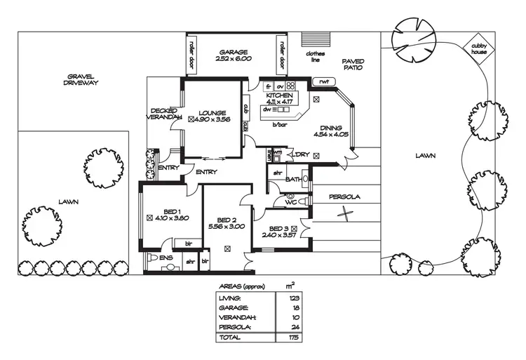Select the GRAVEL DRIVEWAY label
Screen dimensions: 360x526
coord(82,79)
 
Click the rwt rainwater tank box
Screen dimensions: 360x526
coord(323,82)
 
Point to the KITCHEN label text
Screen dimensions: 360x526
coord(278,94)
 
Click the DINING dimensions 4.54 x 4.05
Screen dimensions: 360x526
coord(331,134)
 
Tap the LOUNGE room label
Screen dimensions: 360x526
coord(211,112)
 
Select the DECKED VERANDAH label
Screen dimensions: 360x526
coord(166,114)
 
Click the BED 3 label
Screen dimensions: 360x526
coord(281,228)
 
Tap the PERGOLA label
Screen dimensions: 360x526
coord(345,197)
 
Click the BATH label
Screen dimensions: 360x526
coord(292,180)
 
